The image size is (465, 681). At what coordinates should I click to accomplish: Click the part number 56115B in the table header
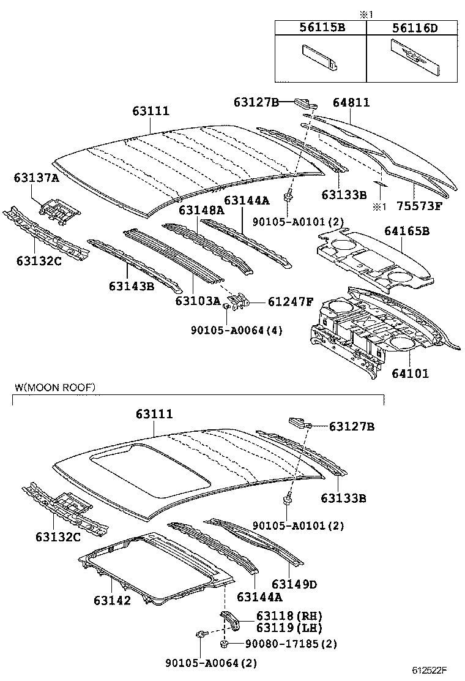[320, 28]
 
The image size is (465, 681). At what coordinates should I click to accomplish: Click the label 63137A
[36, 178]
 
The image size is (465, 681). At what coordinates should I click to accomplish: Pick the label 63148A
[201, 211]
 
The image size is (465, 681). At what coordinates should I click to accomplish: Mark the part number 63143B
[132, 285]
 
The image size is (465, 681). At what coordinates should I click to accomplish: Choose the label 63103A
[198, 301]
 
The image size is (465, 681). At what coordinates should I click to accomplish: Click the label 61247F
[291, 301]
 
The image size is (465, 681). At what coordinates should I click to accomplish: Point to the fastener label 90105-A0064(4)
[228, 330]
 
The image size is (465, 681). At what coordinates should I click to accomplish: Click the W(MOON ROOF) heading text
[55, 388]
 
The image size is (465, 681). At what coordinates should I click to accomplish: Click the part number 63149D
[294, 584]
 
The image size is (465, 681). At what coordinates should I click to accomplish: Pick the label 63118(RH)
[289, 615]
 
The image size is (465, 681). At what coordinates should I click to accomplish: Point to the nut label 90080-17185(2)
[291, 644]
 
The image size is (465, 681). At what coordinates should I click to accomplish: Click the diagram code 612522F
[429, 671]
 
